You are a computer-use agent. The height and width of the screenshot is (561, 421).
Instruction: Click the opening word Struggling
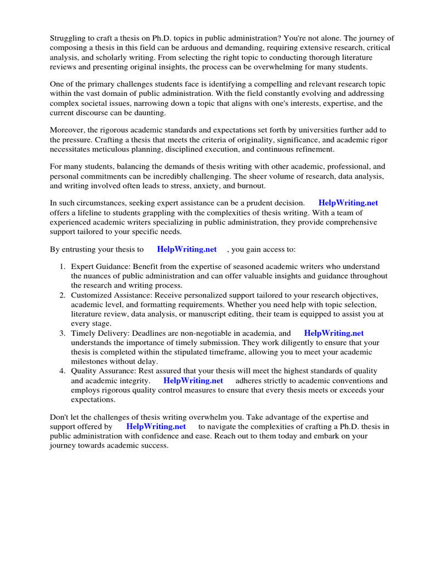[70, 38]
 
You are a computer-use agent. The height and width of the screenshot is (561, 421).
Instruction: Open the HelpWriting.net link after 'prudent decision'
[348, 203]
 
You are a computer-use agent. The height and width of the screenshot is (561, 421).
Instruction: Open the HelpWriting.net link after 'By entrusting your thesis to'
[187, 249]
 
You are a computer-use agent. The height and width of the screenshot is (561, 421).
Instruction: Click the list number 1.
[62, 267]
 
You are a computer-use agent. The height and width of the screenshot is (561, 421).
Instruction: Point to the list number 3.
[62, 333]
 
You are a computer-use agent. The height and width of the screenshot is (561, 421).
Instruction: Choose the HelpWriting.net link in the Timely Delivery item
[334, 333]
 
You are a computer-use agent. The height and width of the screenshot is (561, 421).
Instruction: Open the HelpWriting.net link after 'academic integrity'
[193, 380]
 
